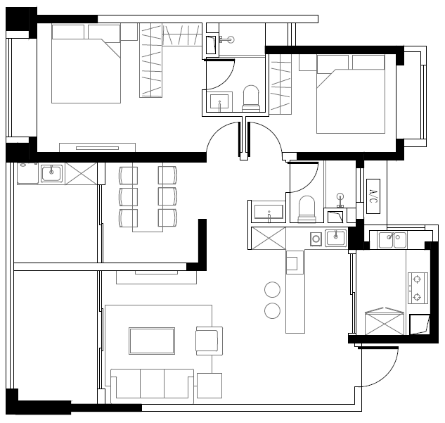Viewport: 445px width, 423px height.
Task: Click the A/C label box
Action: [373, 196]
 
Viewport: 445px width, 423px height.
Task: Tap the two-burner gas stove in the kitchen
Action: [418, 288]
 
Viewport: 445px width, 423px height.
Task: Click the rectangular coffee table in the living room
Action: [152, 341]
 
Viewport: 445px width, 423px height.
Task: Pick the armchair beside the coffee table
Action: [209, 341]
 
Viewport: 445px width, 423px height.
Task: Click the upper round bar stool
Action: [273, 289]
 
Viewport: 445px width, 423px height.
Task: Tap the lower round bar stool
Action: [273, 310]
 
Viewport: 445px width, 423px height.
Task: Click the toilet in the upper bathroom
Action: [251, 99]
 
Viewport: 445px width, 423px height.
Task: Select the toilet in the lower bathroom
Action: [307, 209]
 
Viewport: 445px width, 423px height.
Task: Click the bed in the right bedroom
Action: [351, 94]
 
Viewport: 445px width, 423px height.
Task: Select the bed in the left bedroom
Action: [86, 63]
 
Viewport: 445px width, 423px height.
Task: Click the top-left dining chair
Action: [128, 175]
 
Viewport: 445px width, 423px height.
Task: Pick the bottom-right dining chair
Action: [167, 218]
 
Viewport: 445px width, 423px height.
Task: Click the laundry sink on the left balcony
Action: [51, 173]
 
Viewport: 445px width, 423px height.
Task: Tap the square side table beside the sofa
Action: [209, 386]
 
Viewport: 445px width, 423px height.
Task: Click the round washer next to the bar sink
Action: [316, 239]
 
